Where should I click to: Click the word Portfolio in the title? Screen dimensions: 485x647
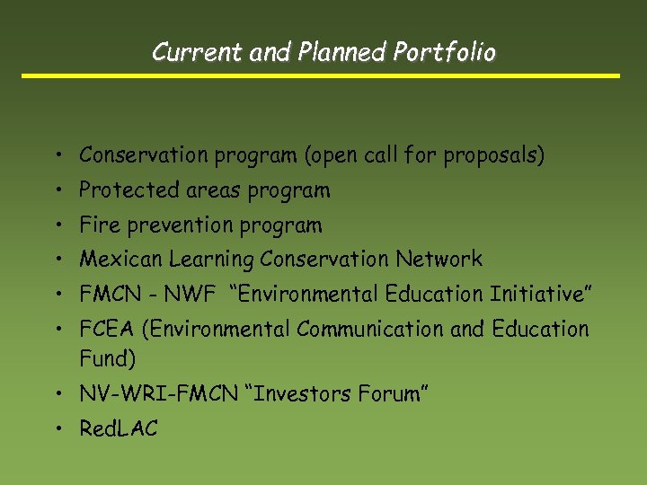[444, 53]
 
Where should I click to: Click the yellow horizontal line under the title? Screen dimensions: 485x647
[321, 75]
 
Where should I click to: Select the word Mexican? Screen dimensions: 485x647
[118, 260]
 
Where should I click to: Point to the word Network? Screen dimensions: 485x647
[439, 260]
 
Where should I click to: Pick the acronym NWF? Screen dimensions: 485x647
[191, 294]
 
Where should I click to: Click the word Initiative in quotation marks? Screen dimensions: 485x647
[536, 294]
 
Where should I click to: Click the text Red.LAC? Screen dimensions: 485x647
[118, 429]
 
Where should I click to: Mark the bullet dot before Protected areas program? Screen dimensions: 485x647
[57, 191]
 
